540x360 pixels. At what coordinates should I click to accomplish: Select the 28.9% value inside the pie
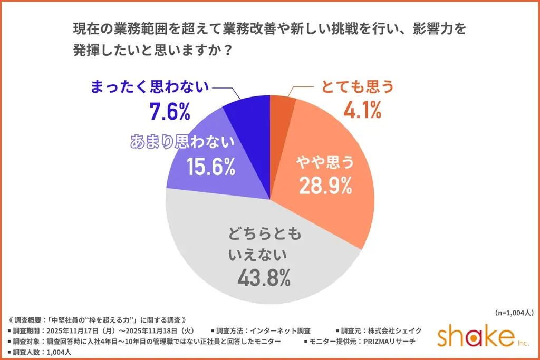325,185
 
